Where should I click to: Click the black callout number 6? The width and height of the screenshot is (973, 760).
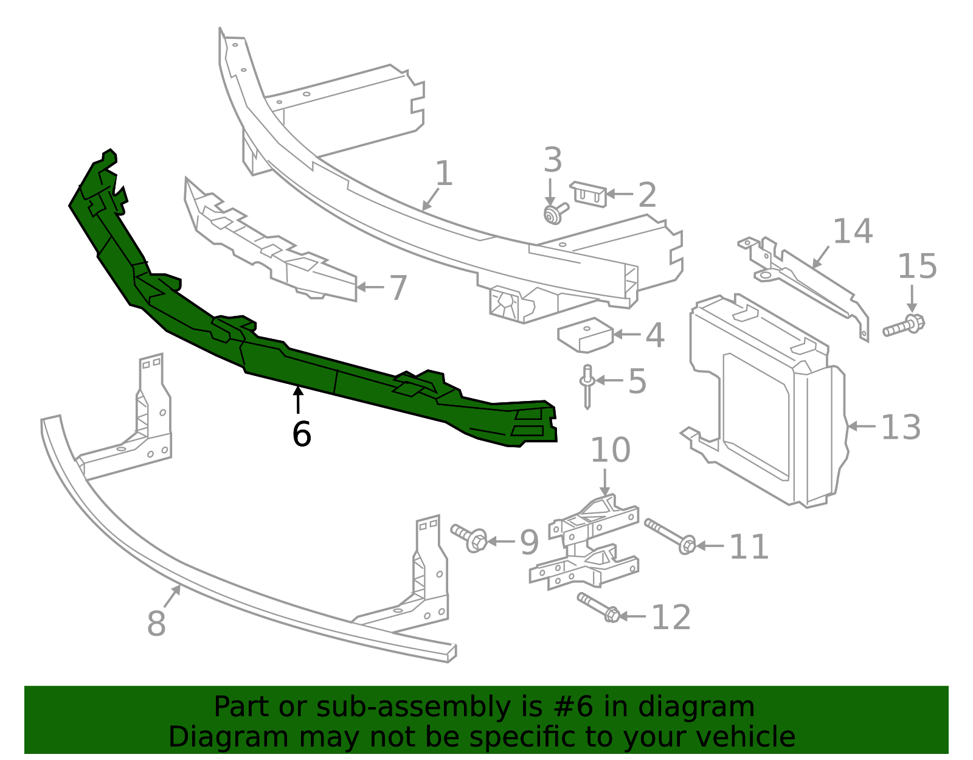(x=302, y=434)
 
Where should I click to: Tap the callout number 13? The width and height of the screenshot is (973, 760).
(x=901, y=427)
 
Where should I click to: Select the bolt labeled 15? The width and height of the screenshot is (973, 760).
(x=904, y=326)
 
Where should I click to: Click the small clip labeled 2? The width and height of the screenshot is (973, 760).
(x=588, y=194)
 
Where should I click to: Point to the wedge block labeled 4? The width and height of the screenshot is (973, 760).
(x=584, y=335)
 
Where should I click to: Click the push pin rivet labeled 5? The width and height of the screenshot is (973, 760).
(x=587, y=386)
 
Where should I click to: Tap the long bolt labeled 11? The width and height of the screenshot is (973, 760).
(x=670, y=535)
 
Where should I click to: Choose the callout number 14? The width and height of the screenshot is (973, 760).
(x=853, y=231)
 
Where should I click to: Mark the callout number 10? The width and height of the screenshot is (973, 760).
(x=610, y=450)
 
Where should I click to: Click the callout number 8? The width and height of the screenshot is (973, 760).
(x=156, y=624)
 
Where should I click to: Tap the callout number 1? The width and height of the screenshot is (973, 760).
(x=445, y=173)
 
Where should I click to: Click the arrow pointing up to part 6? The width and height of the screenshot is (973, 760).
(x=298, y=399)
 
